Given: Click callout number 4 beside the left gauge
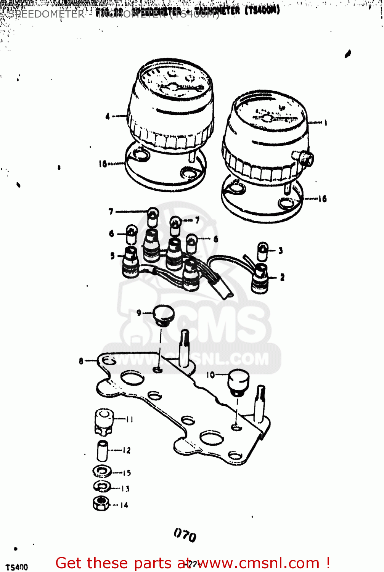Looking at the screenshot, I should (108, 116).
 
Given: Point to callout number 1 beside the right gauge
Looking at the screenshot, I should (325, 123).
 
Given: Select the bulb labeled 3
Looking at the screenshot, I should (263, 251).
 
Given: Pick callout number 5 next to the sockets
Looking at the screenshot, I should (112, 255).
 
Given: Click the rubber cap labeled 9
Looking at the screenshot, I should (164, 315).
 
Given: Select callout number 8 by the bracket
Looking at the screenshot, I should (81, 361).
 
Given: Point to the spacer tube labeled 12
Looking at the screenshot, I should (103, 451).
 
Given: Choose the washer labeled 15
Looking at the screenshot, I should (102, 472).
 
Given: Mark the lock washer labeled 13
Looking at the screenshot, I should (102, 487).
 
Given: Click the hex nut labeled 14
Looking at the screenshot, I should (101, 503).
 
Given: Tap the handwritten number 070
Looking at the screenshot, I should (185, 535).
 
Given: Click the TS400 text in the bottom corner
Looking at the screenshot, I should (17, 567).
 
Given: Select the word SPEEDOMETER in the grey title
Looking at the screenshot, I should (46, 14).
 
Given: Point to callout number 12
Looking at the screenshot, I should (127, 450).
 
